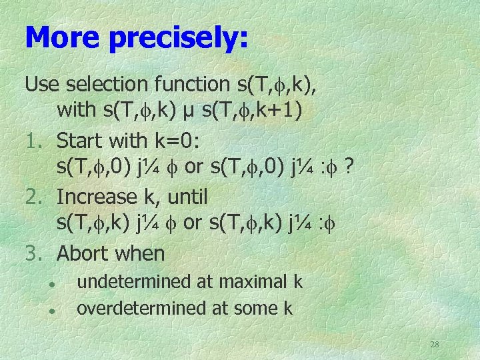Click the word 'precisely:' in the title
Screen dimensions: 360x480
click(178, 38)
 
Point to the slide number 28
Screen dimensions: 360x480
click(434, 345)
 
